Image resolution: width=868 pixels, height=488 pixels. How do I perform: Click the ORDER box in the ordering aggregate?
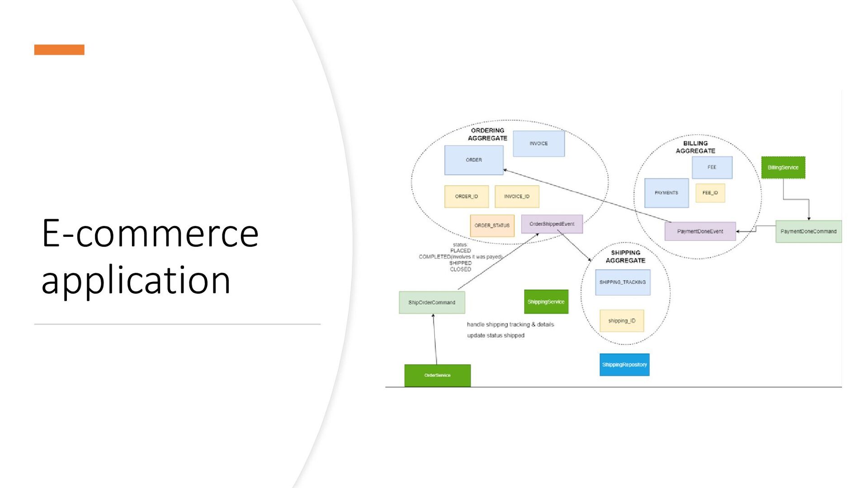473,160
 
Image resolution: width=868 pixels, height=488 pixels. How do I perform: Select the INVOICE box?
538,144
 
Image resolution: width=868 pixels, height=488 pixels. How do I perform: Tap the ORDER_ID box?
466,197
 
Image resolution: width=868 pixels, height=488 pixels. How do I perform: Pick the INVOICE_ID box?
517,197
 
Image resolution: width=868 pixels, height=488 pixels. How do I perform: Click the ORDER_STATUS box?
492,225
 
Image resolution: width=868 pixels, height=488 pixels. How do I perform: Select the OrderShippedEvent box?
552,224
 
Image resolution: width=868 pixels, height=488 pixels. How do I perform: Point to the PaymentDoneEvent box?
700,231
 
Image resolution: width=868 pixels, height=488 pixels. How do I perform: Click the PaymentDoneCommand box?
808,231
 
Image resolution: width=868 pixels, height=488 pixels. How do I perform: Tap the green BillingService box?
783,168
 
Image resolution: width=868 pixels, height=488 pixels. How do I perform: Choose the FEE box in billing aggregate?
712,167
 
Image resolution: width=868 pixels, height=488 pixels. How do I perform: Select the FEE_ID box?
710,193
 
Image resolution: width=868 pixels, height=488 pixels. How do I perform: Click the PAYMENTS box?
666,193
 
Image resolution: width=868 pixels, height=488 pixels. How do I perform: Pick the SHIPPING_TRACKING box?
623,282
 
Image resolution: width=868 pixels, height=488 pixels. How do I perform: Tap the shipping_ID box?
622,321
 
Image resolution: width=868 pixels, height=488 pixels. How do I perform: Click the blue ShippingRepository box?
624,365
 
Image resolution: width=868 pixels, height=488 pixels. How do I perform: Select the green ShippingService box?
546,302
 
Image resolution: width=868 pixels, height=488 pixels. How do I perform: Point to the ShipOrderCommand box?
432,303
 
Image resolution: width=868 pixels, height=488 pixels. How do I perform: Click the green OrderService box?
437,375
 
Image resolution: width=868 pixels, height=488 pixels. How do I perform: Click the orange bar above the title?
59,50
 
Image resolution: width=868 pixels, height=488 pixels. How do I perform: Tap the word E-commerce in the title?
150,234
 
